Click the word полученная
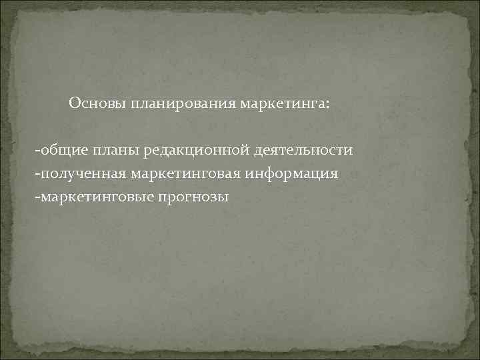pyautogui.click(x=78, y=173)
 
